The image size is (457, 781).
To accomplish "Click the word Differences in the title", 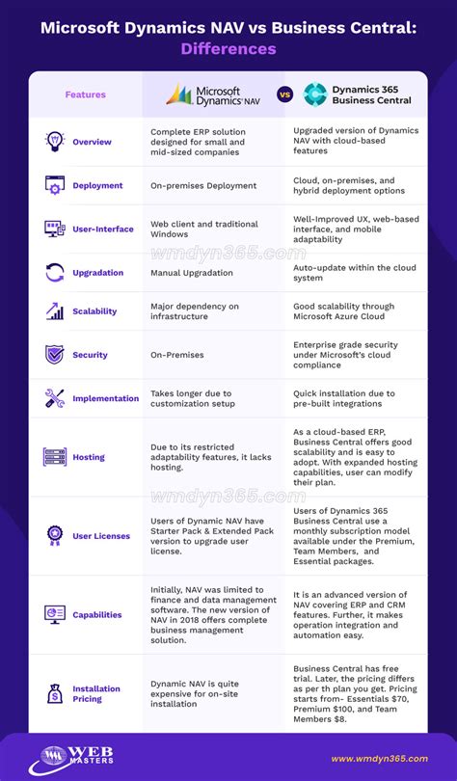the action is pos(228,48).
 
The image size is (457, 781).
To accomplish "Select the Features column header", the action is pos(86,94).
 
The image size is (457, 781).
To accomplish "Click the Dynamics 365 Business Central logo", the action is pos(358,94).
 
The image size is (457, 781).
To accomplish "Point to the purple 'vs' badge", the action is pos(284,94).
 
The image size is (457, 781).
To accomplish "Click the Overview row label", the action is pos(92,142).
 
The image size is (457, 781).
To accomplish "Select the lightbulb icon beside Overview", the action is pos(55,141).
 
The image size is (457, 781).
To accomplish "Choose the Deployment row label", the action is pos(97,185).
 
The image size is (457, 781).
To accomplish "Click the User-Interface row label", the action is pos(101,229).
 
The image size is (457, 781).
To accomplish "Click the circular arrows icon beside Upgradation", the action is pos(55,273).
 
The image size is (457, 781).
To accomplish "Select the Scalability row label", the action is pos(94,311).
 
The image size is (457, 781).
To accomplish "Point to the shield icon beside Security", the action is pos(55,354).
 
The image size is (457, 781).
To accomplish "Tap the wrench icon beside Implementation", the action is pos(55,397).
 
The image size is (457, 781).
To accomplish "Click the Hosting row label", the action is pos(89,457).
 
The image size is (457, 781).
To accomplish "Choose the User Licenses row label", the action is pos(101,536).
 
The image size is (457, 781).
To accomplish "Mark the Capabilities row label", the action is pos(97,614).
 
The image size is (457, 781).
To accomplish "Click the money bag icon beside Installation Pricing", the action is pos(55,693).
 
